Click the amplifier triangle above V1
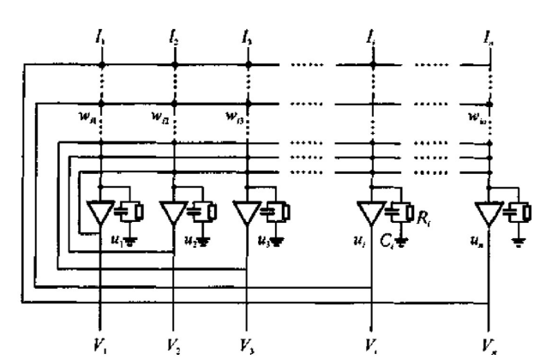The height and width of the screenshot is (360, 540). tap(102, 210)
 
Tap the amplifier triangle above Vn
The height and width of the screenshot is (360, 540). tap(489, 210)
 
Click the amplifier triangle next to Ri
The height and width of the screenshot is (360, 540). tap(372, 210)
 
